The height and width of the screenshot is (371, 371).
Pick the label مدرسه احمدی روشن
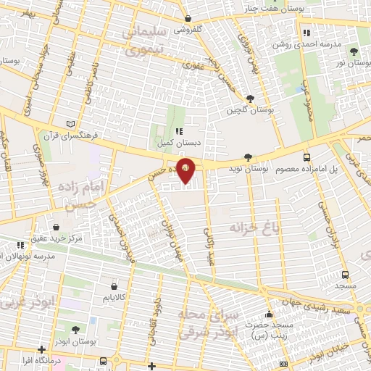coord(301,44)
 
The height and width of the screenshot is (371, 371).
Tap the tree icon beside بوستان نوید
coord(249,157)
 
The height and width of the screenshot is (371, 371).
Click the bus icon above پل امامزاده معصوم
coord(307,157)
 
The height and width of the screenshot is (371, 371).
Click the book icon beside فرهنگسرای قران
coord(70,124)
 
